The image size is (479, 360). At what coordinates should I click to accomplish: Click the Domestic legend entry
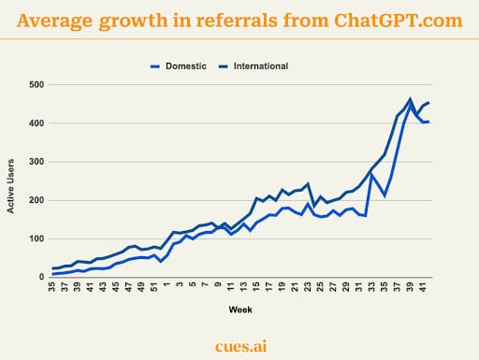click(184, 65)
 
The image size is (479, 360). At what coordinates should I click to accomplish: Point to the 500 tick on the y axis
click(35, 85)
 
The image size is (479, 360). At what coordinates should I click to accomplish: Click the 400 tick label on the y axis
click(35, 123)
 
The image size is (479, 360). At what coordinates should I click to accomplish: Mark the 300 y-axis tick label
click(35, 162)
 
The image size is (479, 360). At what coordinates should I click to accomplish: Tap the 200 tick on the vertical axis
click(35, 200)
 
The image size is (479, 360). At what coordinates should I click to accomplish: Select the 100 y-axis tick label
click(35, 238)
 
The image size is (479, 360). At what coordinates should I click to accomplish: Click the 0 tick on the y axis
click(40, 277)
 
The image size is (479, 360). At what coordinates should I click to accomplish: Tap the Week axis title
click(239, 309)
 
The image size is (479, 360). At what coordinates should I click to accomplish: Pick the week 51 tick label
click(153, 287)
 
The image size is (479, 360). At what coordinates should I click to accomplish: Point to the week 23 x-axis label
click(308, 287)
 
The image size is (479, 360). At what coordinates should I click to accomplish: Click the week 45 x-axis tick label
click(115, 287)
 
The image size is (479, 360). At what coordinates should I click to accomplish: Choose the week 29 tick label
click(346, 287)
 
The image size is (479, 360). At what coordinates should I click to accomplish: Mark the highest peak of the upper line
click(410, 99)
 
